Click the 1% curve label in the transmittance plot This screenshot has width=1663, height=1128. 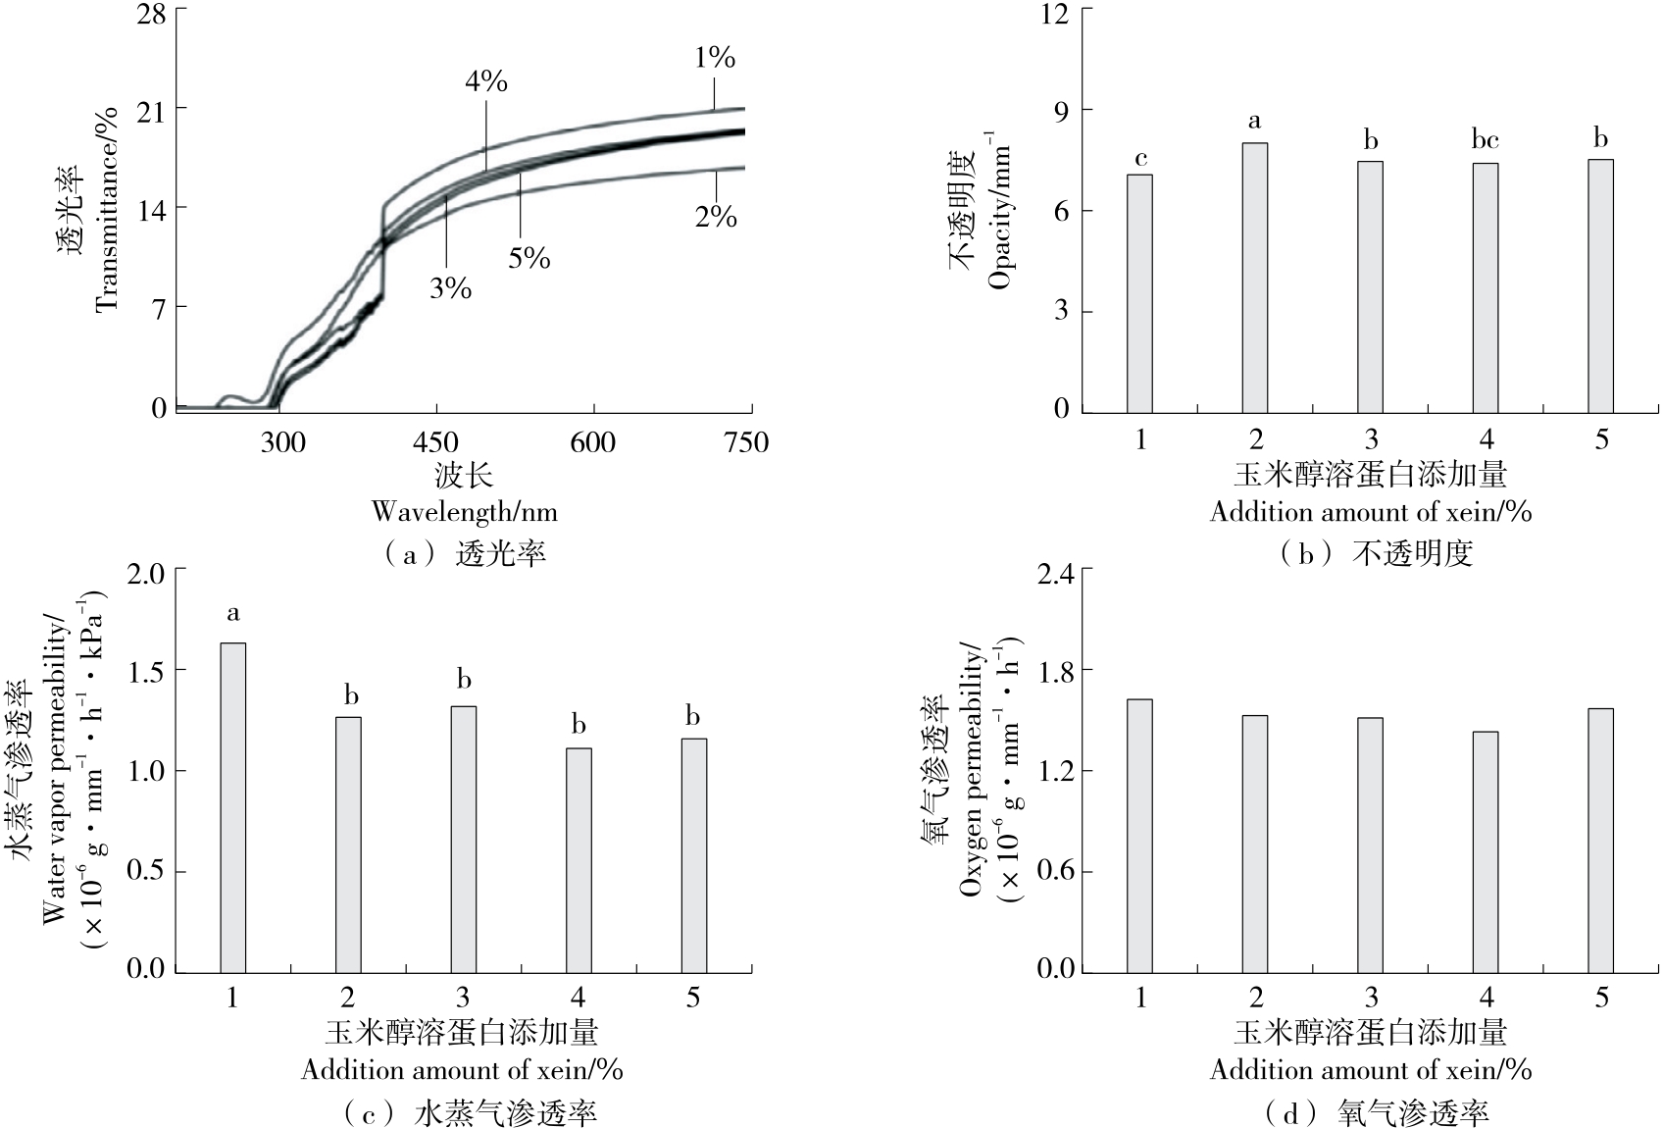coord(715,58)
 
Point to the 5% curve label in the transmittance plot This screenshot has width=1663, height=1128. coord(529,258)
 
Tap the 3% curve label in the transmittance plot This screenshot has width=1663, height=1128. coord(450,288)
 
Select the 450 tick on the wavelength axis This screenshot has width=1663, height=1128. coord(437,442)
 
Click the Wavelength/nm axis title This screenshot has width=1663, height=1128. coord(464,511)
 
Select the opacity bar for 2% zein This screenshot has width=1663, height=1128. coord(1255,277)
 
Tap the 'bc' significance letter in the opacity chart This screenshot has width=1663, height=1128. coord(1485,141)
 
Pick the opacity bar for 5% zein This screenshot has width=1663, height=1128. coord(1600,285)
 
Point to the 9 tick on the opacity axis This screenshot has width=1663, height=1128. coord(1061,110)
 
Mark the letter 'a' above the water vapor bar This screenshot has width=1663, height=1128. coord(233,614)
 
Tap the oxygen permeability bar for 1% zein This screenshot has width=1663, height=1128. coord(1139,835)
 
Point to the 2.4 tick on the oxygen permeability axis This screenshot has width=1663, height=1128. coord(1056,571)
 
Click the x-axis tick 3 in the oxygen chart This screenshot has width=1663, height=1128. coord(1371,999)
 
